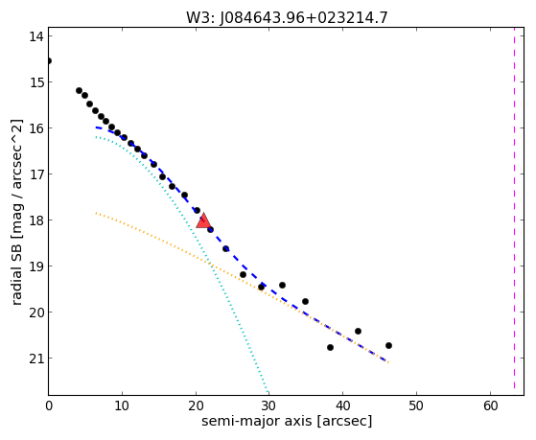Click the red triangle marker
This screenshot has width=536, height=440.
pyautogui.click(x=203, y=221)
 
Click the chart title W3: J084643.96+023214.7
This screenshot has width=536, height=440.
pyautogui.click(x=287, y=18)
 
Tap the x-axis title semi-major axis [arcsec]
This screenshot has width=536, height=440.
pyautogui.click(x=287, y=421)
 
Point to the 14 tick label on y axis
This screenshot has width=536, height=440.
pyautogui.click(x=36, y=36)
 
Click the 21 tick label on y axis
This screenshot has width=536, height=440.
pyautogui.click(x=36, y=359)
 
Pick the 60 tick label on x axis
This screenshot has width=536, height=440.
pyautogui.click(x=491, y=405)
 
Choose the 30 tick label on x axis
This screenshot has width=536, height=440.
pyautogui.click(x=268, y=405)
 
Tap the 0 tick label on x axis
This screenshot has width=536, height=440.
pyautogui.click(x=49, y=405)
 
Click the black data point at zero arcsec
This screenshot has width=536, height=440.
pyautogui.click(x=49, y=60)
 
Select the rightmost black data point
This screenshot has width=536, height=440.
pyautogui.click(x=388, y=346)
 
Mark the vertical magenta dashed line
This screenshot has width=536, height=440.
pyautogui.click(x=514, y=208)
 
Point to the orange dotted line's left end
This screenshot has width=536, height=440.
pyautogui.click(x=96, y=213)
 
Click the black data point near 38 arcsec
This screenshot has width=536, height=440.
pyautogui.click(x=330, y=347)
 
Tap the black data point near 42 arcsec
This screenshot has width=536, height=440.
pyautogui.click(x=358, y=331)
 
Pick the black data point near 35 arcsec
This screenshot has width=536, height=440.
pyautogui.click(x=305, y=302)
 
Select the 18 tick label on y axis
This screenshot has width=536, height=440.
pyautogui.click(x=36, y=220)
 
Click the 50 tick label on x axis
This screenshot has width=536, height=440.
pyautogui.click(x=416, y=405)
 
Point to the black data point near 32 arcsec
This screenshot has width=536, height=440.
pyautogui.click(x=282, y=285)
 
